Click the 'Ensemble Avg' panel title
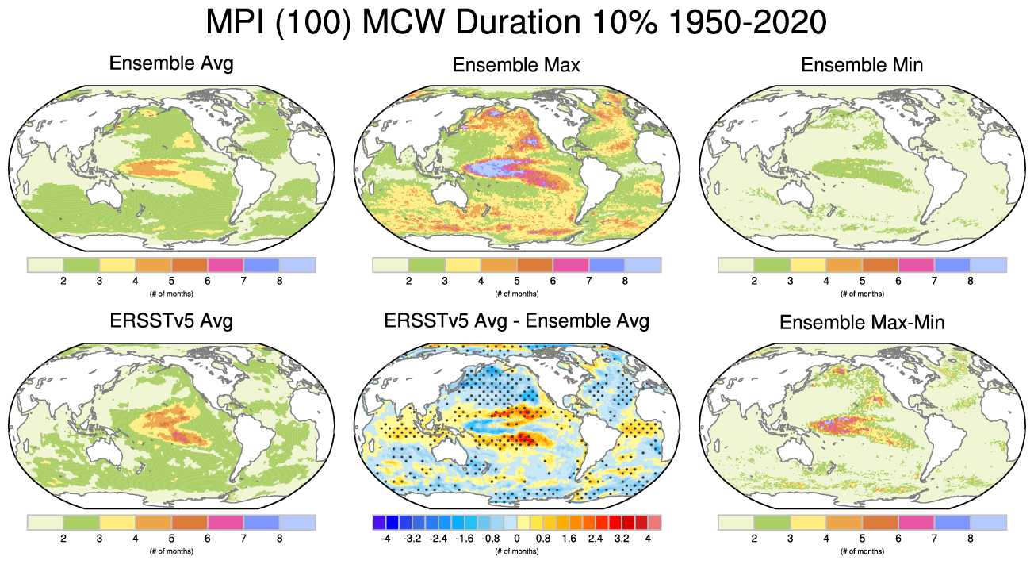click(x=171, y=63)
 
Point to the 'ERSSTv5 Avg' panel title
click(x=171, y=321)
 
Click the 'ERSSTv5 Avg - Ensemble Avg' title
click(x=516, y=321)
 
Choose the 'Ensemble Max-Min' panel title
click(x=862, y=323)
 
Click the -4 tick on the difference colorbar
click(x=385, y=539)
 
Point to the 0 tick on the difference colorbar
click(x=516, y=539)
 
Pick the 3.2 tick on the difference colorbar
click(x=621, y=539)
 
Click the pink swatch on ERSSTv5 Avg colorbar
click(x=225, y=522)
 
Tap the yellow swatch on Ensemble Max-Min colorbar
click(x=808, y=522)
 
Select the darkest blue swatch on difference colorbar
click(x=392, y=522)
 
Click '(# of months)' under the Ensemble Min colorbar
click(x=862, y=294)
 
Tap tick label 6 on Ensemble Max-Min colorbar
click(x=898, y=539)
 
